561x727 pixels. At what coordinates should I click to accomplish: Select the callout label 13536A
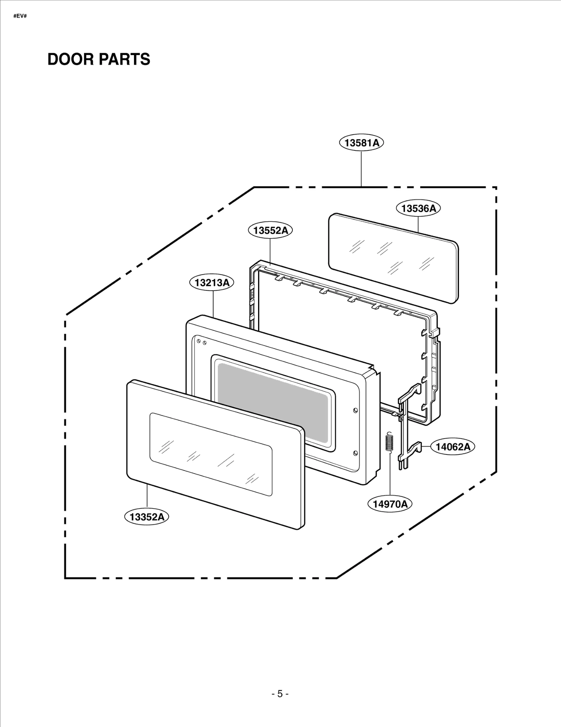[418, 208]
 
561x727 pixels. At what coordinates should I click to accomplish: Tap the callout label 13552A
[270, 230]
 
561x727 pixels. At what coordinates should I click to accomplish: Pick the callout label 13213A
[212, 283]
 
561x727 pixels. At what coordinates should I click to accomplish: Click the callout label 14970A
[390, 504]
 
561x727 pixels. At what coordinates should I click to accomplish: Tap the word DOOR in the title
[70, 59]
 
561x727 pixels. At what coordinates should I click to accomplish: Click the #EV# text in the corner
[20, 16]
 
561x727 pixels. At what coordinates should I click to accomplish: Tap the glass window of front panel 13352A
[210, 454]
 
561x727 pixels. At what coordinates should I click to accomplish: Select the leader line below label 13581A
[361, 168]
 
